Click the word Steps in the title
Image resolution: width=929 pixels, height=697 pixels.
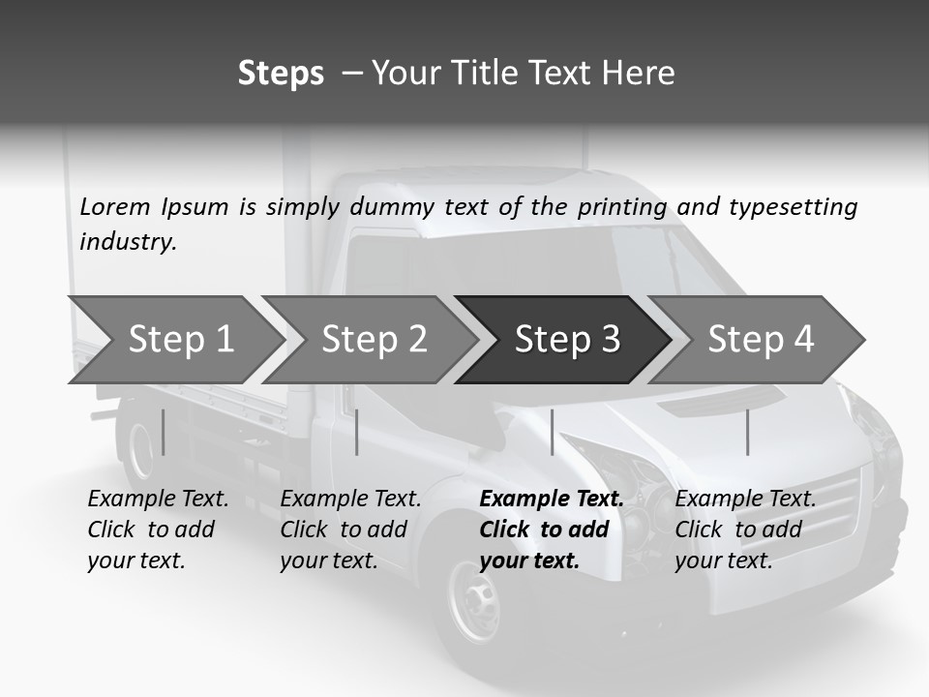tap(281, 74)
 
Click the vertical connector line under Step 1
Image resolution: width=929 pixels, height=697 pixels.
tap(164, 432)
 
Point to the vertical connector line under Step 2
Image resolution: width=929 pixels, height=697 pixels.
tap(357, 432)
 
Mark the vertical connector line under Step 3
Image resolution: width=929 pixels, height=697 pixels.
tap(552, 432)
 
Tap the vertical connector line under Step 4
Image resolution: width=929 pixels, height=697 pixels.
tap(747, 432)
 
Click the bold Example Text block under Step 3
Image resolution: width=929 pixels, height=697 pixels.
tap(550, 530)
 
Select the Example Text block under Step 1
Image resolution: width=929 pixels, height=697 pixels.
tap(157, 530)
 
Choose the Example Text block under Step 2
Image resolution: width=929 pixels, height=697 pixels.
tap(349, 530)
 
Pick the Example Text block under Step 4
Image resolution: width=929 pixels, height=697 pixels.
tap(744, 530)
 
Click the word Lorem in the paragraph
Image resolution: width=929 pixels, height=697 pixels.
tap(114, 206)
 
